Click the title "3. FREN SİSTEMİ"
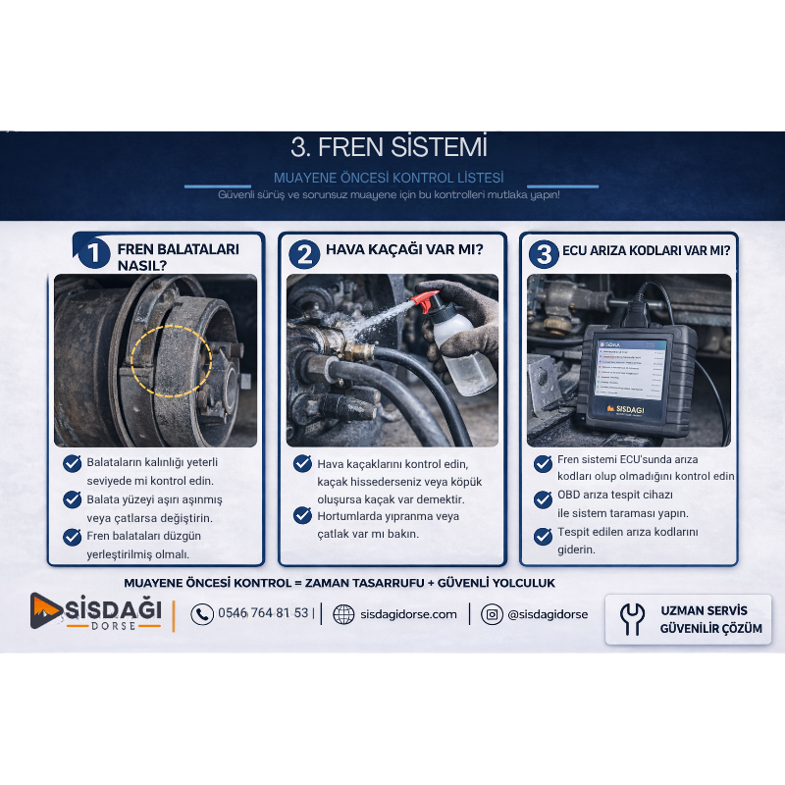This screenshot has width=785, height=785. (389, 146)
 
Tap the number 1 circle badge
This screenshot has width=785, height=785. (94, 253)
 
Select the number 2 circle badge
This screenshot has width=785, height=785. (304, 254)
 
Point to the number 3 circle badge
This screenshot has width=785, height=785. (545, 254)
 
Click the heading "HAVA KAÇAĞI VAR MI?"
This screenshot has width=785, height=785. (404, 249)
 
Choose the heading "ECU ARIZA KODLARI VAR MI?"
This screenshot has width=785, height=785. (647, 251)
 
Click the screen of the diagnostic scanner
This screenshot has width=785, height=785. (633, 370)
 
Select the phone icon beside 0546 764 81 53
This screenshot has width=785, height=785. (202, 614)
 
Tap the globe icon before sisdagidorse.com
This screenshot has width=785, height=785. (343, 614)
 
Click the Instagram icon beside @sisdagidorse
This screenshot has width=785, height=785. (492, 614)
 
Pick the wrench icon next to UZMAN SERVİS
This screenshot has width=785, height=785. (632, 619)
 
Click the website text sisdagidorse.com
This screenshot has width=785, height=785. (408, 614)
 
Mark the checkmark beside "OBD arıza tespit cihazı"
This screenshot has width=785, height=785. (543, 499)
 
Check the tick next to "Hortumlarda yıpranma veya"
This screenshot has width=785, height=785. (302, 515)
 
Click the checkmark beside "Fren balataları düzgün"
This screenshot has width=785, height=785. (72, 537)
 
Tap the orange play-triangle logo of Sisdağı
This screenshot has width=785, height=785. (45, 610)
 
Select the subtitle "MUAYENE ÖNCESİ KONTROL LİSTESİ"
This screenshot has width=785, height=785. (389, 178)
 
